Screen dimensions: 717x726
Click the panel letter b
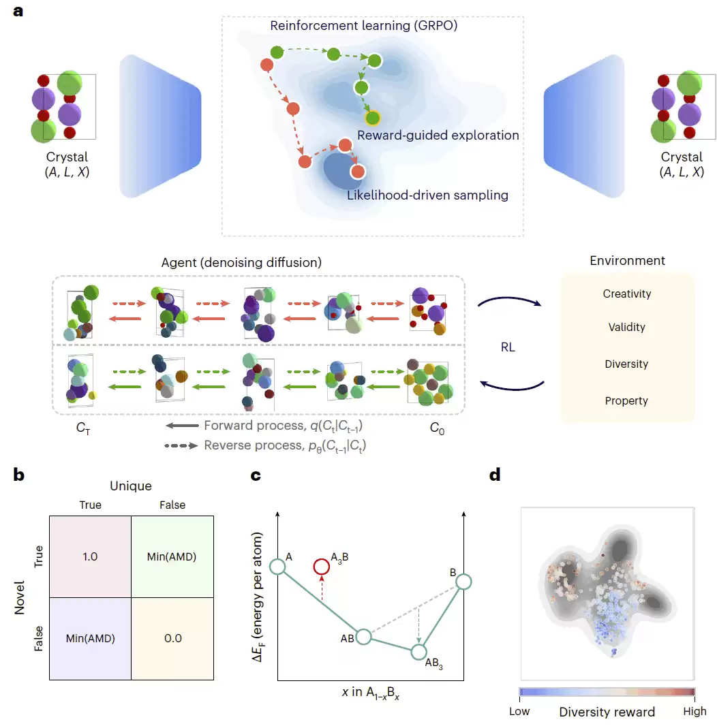(x=18, y=475)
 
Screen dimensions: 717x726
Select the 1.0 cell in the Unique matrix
(x=91, y=556)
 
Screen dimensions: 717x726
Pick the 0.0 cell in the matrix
(x=172, y=639)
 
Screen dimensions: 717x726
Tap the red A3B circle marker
(x=321, y=566)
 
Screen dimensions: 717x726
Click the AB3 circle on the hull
(x=418, y=652)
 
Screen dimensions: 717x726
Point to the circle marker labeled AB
(x=364, y=637)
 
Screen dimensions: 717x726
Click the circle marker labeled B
(x=463, y=582)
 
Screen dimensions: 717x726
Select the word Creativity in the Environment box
(x=626, y=294)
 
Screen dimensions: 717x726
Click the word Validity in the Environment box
(x=626, y=327)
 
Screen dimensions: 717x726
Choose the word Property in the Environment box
(x=626, y=400)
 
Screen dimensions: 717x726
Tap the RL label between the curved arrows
(x=508, y=347)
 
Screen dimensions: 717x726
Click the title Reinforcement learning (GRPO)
(x=364, y=25)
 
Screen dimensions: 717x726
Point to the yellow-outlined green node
(x=372, y=118)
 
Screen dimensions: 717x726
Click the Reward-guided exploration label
(x=438, y=136)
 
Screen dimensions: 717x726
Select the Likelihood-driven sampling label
(x=427, y=195)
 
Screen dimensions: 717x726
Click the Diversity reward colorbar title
(x=607, y=712)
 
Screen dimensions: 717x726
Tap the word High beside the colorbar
(x=695, y=711)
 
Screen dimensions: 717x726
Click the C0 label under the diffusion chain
(x=437, y=428)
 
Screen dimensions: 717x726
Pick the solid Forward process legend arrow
(x=182, y=426)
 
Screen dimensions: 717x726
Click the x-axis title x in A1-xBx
(x=370, y=693)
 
